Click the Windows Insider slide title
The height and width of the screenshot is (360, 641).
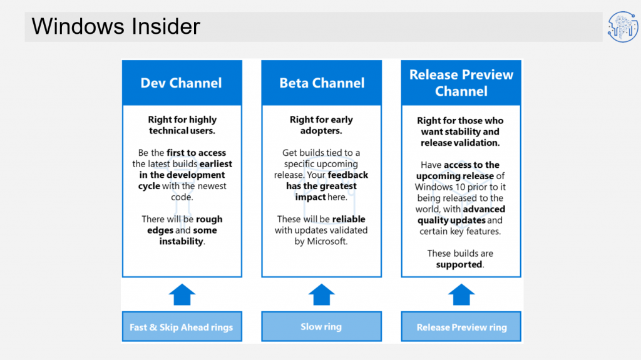116,26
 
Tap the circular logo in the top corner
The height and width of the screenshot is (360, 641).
623,27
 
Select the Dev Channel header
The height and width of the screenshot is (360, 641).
182,83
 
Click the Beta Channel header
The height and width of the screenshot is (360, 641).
322,83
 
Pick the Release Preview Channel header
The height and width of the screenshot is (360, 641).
461,83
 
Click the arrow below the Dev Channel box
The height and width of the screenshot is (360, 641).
182,294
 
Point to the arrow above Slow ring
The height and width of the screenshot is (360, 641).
322,294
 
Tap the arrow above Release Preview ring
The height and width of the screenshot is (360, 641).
461,294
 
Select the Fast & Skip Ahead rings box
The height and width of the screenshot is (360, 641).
182,326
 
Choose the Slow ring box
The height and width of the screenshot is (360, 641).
322,326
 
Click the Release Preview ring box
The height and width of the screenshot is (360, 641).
461,326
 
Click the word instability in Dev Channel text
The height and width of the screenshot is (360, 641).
181,242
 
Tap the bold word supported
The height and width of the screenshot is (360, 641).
459,265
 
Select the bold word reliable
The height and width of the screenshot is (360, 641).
349,219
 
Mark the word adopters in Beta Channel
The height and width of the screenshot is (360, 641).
320,131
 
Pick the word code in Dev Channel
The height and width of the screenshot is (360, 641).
181,197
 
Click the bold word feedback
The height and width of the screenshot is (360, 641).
348,175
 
